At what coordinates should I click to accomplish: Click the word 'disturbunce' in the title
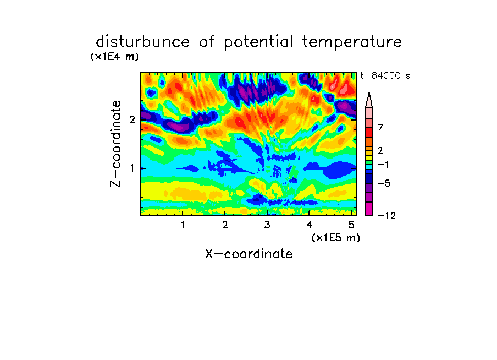(143, 41)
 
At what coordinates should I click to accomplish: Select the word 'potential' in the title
(258, 42)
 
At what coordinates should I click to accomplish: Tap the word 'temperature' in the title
(352, 42)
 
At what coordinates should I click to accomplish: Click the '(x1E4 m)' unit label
(114, 57)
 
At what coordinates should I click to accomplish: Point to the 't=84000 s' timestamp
(385, 75)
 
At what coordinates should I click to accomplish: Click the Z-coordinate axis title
(115, 144)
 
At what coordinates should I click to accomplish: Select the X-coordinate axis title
(248, 254)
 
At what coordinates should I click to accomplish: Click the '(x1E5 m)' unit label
(336, 237)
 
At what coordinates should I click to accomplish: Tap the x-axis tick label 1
(183, 225)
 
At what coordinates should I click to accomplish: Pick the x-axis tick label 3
(267, 225)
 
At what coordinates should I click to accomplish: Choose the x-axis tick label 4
(309, 225)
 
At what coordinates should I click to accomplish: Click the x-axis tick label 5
(351, 225)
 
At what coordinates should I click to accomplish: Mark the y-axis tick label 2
(132, 119)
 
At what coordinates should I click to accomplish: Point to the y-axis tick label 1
(132, 168)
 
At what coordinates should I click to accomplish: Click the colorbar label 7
(380, 127)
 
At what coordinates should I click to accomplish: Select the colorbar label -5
(384, 183)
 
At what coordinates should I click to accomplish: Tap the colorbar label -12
(386, 216)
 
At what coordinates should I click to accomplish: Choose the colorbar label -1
(383, 165)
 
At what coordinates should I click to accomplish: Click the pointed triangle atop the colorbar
(369, 100)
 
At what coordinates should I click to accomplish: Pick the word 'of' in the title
(207, 41)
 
